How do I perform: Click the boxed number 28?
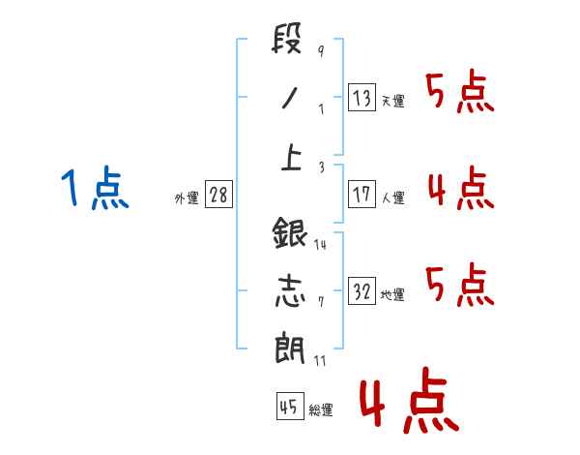point(217,195)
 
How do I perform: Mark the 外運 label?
point(186,198)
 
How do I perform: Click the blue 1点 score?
point(95,188)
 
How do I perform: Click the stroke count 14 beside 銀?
point(320,244)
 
